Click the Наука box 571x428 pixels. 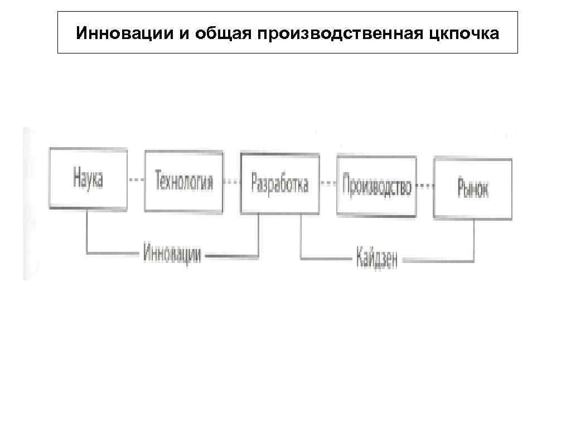88,179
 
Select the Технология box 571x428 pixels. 184,181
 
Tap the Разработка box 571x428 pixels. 280,183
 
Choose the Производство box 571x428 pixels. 376,186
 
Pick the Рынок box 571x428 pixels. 473,188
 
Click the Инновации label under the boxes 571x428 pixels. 172,255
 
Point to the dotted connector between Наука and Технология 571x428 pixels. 136,180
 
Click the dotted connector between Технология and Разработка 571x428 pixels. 232,182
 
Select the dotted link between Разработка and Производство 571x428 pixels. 328,184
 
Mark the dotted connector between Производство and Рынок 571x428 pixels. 425,187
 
